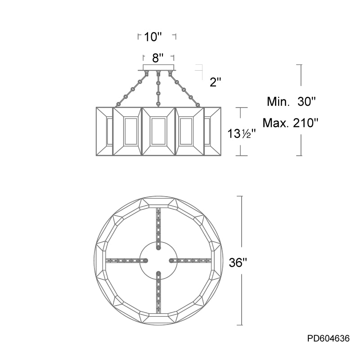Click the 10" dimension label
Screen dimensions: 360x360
click(153, 37)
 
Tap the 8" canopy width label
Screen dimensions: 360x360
click(158, 58)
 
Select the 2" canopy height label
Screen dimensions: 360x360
click(216, 82)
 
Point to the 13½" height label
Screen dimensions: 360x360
click(242, 133)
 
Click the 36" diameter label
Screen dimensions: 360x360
click(238, 262)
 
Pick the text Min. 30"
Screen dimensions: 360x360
click(291, 101)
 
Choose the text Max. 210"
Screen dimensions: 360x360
click(290, 123)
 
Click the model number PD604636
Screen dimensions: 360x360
click(328, 338)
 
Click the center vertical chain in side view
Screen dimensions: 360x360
click(158, 89)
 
